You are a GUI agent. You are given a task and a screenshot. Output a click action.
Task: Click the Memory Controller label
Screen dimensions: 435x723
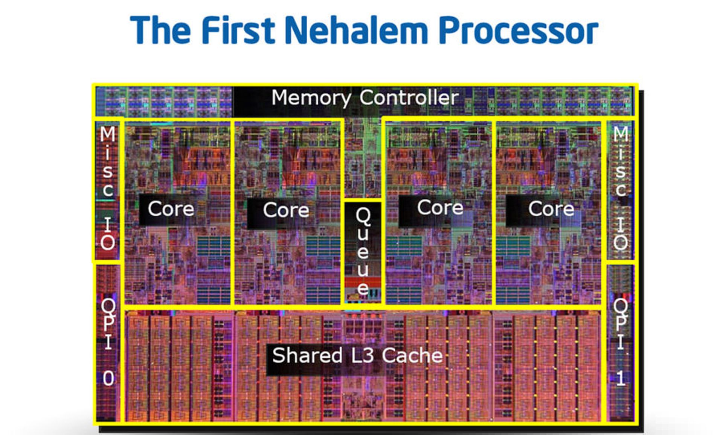(365, 98)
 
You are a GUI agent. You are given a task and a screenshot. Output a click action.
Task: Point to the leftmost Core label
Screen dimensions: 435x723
(171, 209)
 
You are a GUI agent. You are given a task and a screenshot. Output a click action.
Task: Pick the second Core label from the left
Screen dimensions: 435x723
(286, 210)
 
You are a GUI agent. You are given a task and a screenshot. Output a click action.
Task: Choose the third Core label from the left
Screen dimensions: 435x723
(440, 208)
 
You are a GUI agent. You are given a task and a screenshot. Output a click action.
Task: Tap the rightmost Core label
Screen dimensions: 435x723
(551, 209)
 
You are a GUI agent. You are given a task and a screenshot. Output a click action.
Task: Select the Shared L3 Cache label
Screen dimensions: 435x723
(357, 355)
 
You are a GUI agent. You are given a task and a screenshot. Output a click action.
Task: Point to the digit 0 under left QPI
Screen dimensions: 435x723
(108, 378)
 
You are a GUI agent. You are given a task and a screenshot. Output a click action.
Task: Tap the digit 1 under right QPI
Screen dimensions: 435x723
(621, 378)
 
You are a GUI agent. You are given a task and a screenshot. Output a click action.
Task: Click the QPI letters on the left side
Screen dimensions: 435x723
(108, 324)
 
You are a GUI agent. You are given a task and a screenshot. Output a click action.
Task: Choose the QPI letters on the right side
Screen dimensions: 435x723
(621, 324)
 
